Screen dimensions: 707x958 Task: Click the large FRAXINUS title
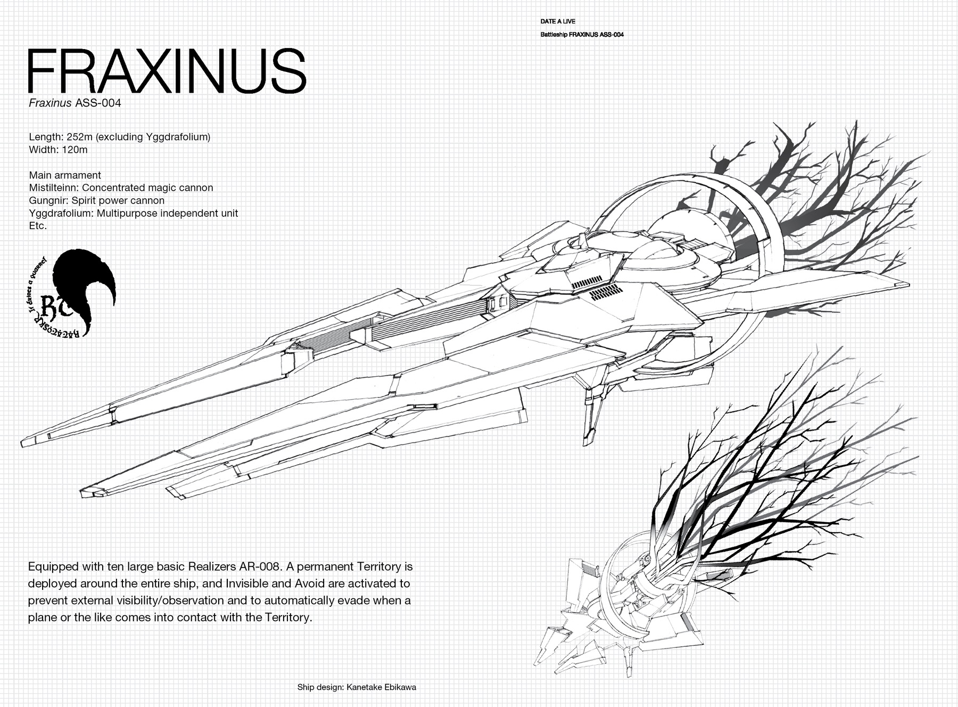(167, 71)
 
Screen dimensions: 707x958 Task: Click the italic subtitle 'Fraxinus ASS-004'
(75, 103)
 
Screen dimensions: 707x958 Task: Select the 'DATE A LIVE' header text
(558, 22)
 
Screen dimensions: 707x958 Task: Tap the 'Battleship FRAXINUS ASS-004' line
(582, 35)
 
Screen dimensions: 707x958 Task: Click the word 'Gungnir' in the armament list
(47, 200)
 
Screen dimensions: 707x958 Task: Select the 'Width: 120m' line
(58, 150)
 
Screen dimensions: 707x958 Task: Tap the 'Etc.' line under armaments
(38, 226)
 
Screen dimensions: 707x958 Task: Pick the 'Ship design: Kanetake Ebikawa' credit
(357, 687)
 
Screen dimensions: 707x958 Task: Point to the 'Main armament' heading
(65, 175)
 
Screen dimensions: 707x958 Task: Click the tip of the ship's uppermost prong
(24, 443)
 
